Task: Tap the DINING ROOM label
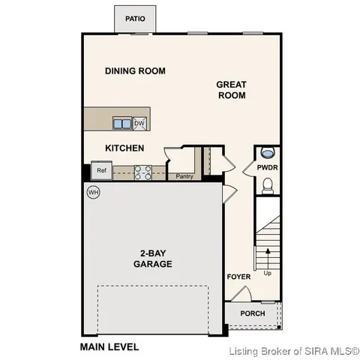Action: pos(135,71)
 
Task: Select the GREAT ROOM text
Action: pos(231,90)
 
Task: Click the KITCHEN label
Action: pos(124,148)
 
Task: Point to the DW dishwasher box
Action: pos(139,123)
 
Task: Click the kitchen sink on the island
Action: pos(122,123)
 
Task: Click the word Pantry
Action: pos(184,177)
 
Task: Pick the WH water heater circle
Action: pos(94,192)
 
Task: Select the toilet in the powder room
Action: pos(268,182)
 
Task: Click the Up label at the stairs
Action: pos(267,273)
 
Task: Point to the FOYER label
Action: pos(238,277)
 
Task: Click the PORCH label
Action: pos(252,313)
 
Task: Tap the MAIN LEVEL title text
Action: pos(109,347)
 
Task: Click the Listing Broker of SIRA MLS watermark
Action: pos(294,350)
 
